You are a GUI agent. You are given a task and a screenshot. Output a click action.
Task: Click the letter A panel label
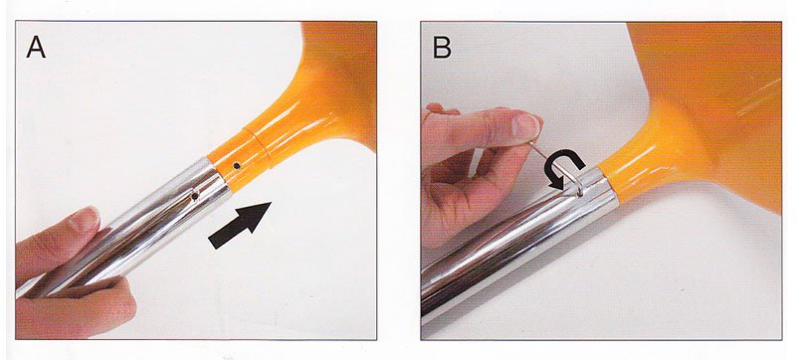coord(36,47)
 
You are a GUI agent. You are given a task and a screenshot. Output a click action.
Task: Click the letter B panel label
coord(442,47)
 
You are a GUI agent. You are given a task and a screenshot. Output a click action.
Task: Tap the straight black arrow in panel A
coord(240,225)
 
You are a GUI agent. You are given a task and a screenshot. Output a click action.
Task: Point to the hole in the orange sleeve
coord(237,165)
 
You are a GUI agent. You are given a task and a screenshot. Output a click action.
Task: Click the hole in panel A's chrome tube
coord(194,196)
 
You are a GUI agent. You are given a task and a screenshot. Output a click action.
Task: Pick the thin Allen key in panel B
coord(557,167)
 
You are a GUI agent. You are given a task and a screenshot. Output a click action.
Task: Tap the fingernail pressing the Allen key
coord(528,124)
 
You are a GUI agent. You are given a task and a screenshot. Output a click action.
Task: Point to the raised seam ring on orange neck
coord(258,148)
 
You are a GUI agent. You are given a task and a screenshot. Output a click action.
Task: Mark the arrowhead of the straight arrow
coord(257,215)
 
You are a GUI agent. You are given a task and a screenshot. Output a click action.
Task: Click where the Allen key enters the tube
coord(581,193)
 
